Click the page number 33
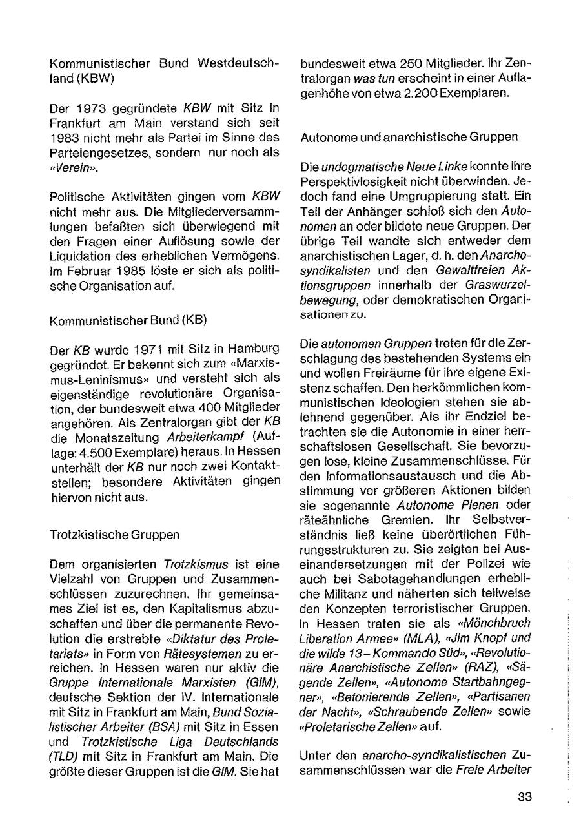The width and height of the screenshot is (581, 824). tap(525, 796)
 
